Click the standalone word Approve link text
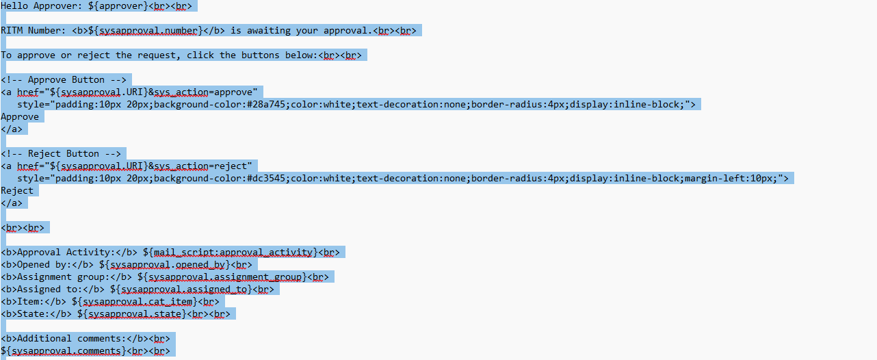(x=20, y=116)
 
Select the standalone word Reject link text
(x=17, y=190)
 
